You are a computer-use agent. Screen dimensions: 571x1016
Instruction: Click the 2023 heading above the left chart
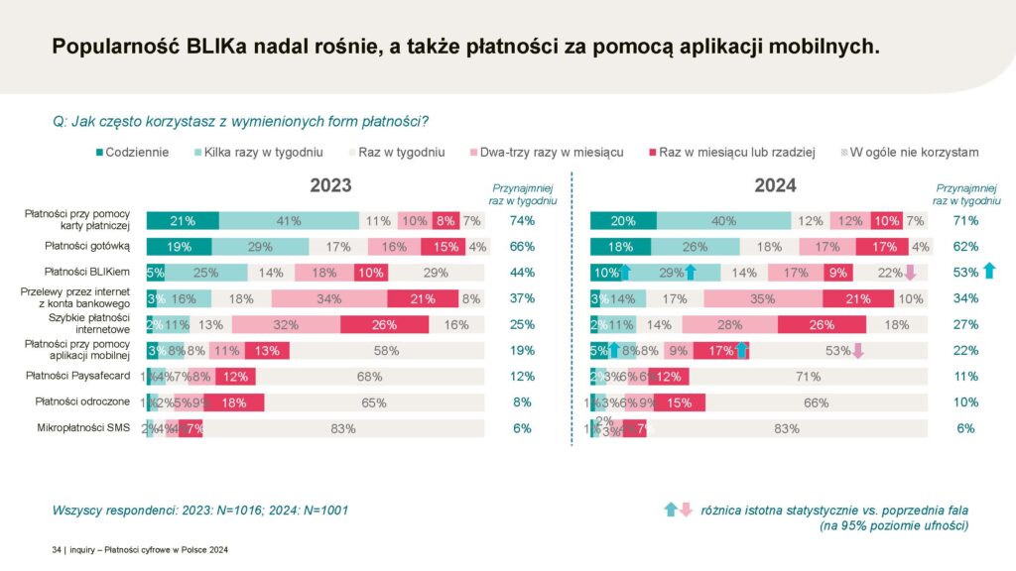(x=330, y=185)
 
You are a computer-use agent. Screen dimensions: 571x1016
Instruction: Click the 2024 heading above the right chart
(x=775, y=185)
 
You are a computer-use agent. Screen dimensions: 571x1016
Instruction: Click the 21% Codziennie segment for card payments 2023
(x=183, y=221)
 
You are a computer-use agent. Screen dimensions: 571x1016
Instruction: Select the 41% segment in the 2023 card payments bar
(x=289, y=221)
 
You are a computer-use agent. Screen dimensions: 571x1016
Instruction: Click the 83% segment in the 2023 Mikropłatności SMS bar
(x=344, y=428)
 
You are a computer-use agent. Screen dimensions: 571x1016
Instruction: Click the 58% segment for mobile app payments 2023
(x=387, y=350)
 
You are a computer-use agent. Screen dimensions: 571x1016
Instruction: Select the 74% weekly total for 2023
(x=522, y=221)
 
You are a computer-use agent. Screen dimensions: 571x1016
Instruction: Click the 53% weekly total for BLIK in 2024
(x=965, y=273)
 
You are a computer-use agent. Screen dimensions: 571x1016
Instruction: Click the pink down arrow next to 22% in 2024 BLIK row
(x=910, y=273)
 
